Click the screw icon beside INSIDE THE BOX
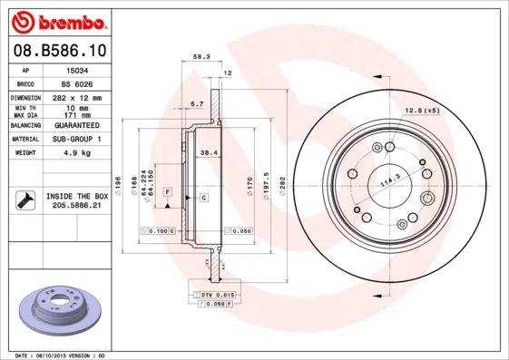point(24,200)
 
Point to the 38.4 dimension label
point(210,152)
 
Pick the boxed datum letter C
point(204,197)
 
